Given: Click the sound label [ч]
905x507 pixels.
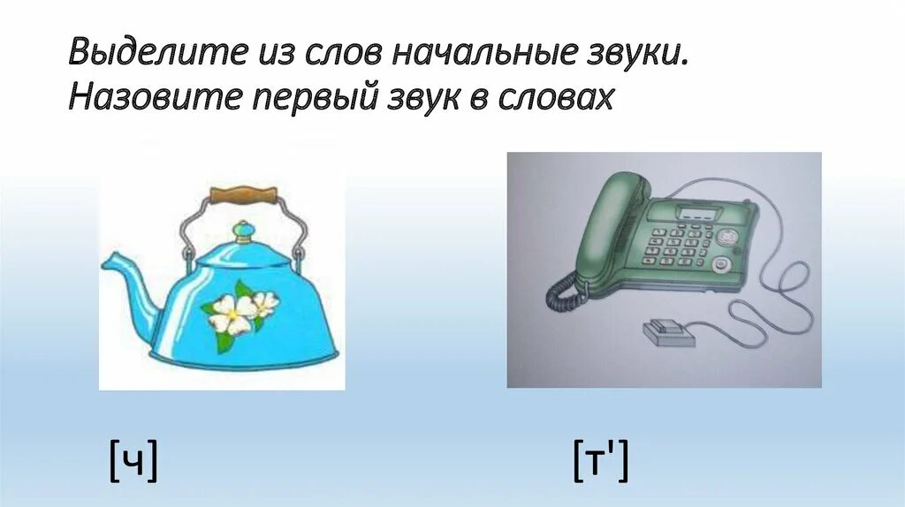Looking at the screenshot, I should click(x=133, y=462).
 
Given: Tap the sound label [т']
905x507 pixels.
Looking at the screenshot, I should click(x=600, y=462).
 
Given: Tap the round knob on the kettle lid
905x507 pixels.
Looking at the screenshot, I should click(x=241, y=231).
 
